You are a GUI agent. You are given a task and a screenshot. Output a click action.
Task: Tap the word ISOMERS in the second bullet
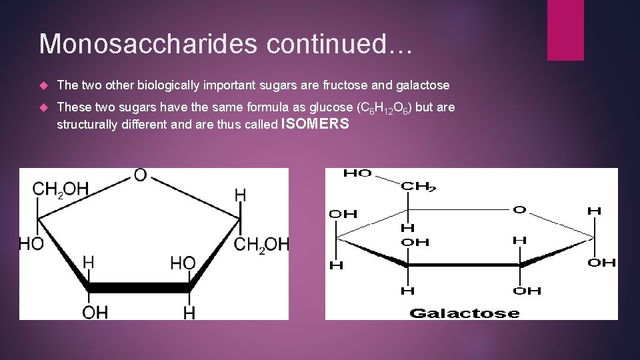tap(315, 123)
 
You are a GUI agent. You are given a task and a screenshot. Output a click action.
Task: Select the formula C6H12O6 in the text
tap(383, 108)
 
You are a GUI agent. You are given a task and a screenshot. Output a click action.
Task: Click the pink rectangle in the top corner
tap(565, 30)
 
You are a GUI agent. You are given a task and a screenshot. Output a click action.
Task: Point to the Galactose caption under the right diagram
tap(465, 313)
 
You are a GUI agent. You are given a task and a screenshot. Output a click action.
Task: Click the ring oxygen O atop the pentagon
tap(141, 175)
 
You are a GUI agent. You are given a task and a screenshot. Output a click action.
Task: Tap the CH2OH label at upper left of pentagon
tap(61, 189)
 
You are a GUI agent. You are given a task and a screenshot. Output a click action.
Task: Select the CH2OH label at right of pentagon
tap(262, 245)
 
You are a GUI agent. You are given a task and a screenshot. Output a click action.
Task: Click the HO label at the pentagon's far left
tap(31, 245)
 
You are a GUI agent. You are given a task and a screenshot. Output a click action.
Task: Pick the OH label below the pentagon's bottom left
tap(96, 311)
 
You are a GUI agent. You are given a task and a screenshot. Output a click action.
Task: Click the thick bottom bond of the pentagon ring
tap(139, 287)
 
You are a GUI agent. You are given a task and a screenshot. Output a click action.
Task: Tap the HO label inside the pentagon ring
tap(183, 263)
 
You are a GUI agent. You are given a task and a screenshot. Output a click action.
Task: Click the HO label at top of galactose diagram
tap(357, 173)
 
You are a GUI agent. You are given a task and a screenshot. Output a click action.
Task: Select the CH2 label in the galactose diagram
tap(418, 187)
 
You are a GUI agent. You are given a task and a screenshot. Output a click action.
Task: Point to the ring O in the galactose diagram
tap(519, 210)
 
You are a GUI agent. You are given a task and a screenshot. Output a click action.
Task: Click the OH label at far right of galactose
tap(601, 263)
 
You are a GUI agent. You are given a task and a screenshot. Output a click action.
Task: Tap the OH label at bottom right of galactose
tap(527, 290)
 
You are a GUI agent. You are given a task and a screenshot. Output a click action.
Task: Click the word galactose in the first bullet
tap(423, 85)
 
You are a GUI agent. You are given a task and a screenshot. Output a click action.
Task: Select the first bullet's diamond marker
tap(44, 85)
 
